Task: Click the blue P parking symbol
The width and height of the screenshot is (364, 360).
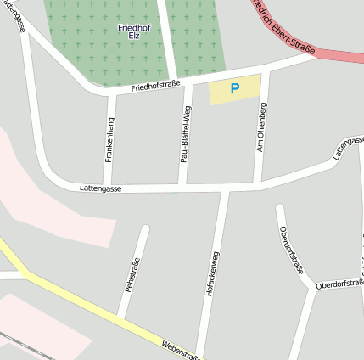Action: (x=235, y=87)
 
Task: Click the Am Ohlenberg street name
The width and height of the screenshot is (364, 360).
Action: (x=262, y=127)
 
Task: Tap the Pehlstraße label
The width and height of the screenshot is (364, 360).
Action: (x=131, y=273)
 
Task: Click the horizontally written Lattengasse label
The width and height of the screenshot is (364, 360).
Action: (x=100, y=188)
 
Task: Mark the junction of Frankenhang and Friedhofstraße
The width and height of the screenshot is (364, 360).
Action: (x=112, y=93)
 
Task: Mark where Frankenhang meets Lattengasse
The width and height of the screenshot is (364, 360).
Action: (x=108, y=188)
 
